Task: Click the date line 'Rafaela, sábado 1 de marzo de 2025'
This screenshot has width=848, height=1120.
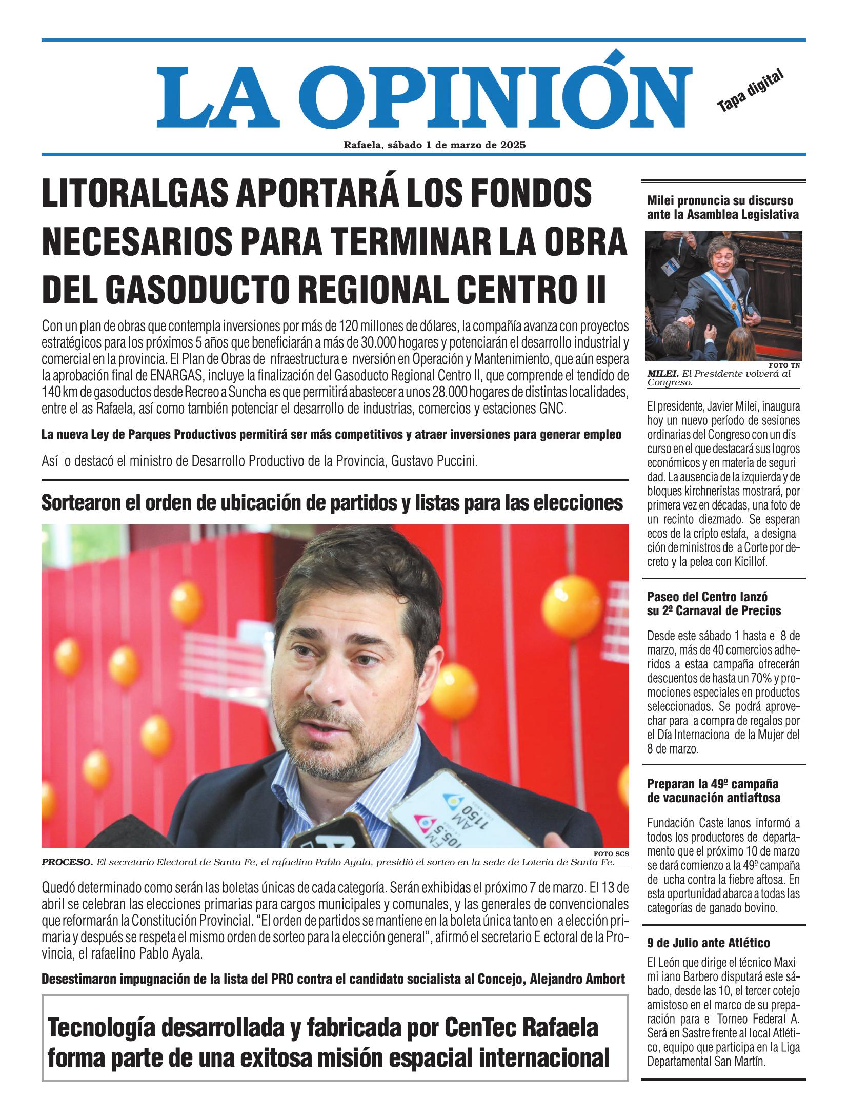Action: click(x=435, y=145)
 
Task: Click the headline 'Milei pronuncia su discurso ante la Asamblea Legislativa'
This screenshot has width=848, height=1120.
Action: click(x=722, y=207)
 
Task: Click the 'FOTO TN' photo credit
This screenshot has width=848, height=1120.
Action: click(x=784, y=365)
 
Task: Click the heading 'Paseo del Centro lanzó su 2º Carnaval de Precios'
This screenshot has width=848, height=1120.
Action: click(x=714, y=603)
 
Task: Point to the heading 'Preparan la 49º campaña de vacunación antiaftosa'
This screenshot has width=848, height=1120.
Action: click(x=714, y=791)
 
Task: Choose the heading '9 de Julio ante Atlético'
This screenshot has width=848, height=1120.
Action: click(x=708, y=943)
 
